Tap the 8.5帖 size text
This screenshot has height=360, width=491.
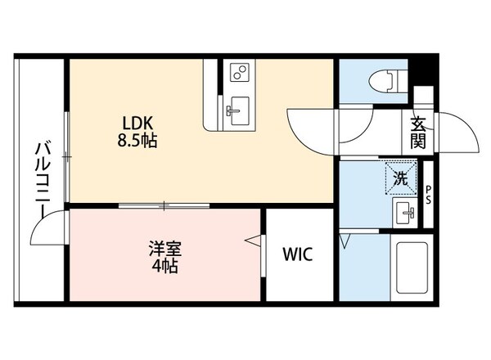coord(138,140)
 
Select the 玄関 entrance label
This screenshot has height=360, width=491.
coord(418,133)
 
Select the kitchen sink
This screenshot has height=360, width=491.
coord(238,106)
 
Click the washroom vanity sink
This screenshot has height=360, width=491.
coord(404,214)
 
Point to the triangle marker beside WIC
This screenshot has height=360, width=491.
coord(255,241)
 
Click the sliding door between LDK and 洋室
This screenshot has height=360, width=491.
coord(164,205)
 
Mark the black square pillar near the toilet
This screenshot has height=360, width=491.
coord(422,81)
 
